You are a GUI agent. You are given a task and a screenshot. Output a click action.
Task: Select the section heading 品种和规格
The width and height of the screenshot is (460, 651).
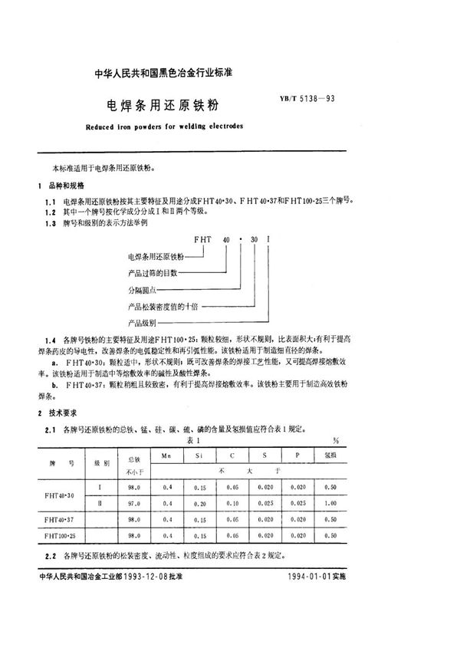[67, 186]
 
